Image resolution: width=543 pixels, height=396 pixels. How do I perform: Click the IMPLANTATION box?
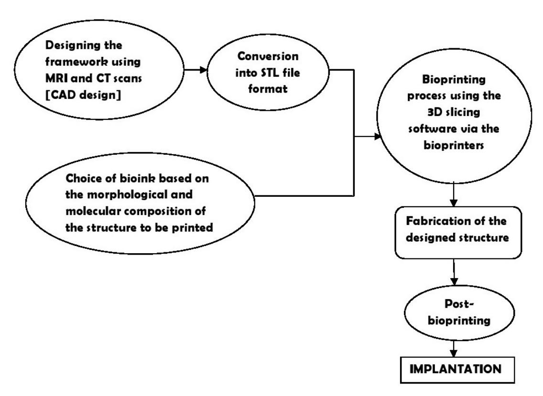[452, 370]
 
